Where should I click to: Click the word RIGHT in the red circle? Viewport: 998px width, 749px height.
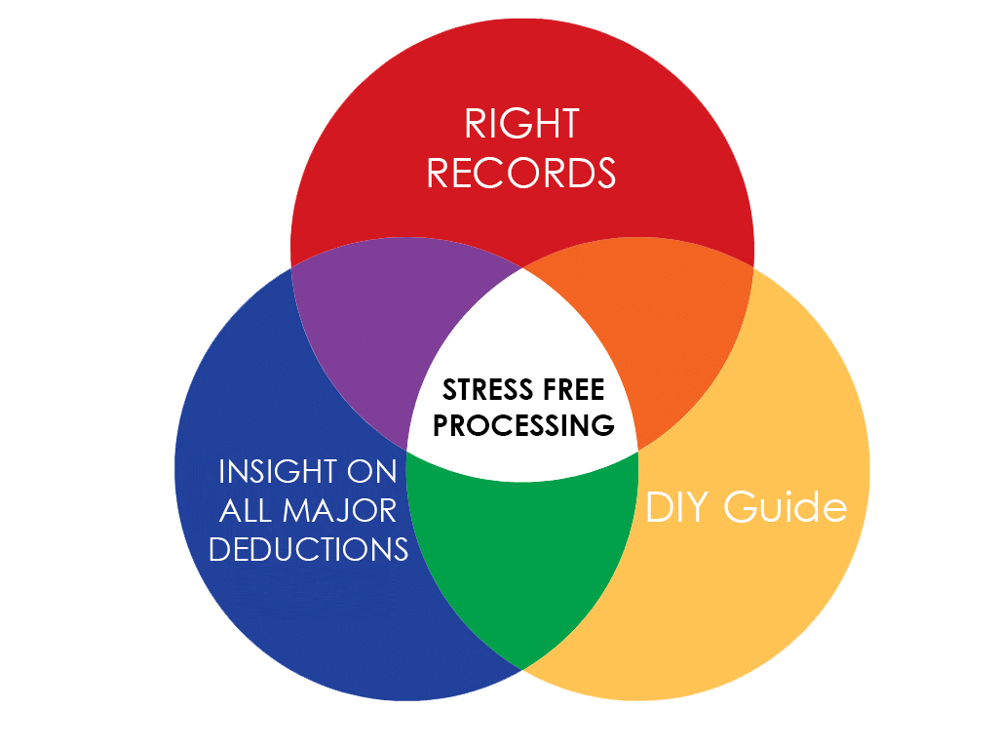pyautogui.click(x=522, y=123)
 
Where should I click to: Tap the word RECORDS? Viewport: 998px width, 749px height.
pyautogui.click(x=521, y=173)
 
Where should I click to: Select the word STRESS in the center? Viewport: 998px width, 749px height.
pyautogui.click(x=488, y=390)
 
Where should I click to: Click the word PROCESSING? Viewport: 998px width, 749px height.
pyautogui.click(x=523, y=425)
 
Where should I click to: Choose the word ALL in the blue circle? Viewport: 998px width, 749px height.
pyautogui.click(x=246, y=511)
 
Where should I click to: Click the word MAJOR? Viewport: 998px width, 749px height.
pyautogui.click(x=339, y=511)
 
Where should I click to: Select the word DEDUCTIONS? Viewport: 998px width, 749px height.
pyautogui.click(x=309, y=549)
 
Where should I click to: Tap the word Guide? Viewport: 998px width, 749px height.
pyautogui.click(x=786, y=507)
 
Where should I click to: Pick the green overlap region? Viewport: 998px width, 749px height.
pyautogui.click(x=522, y=554)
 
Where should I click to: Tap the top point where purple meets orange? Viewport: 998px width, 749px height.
pyautogui.click(x=523, y=267)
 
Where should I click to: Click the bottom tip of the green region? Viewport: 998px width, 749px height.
pyautogui.click(x=522, y=669)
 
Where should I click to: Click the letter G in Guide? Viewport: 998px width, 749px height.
pyautogui.click(x=741, y=507)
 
